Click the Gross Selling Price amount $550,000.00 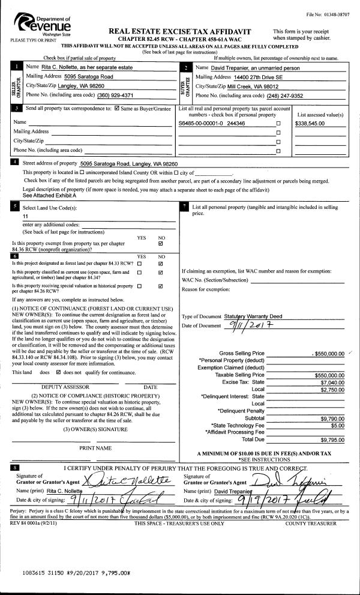326,353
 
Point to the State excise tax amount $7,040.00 330,382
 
